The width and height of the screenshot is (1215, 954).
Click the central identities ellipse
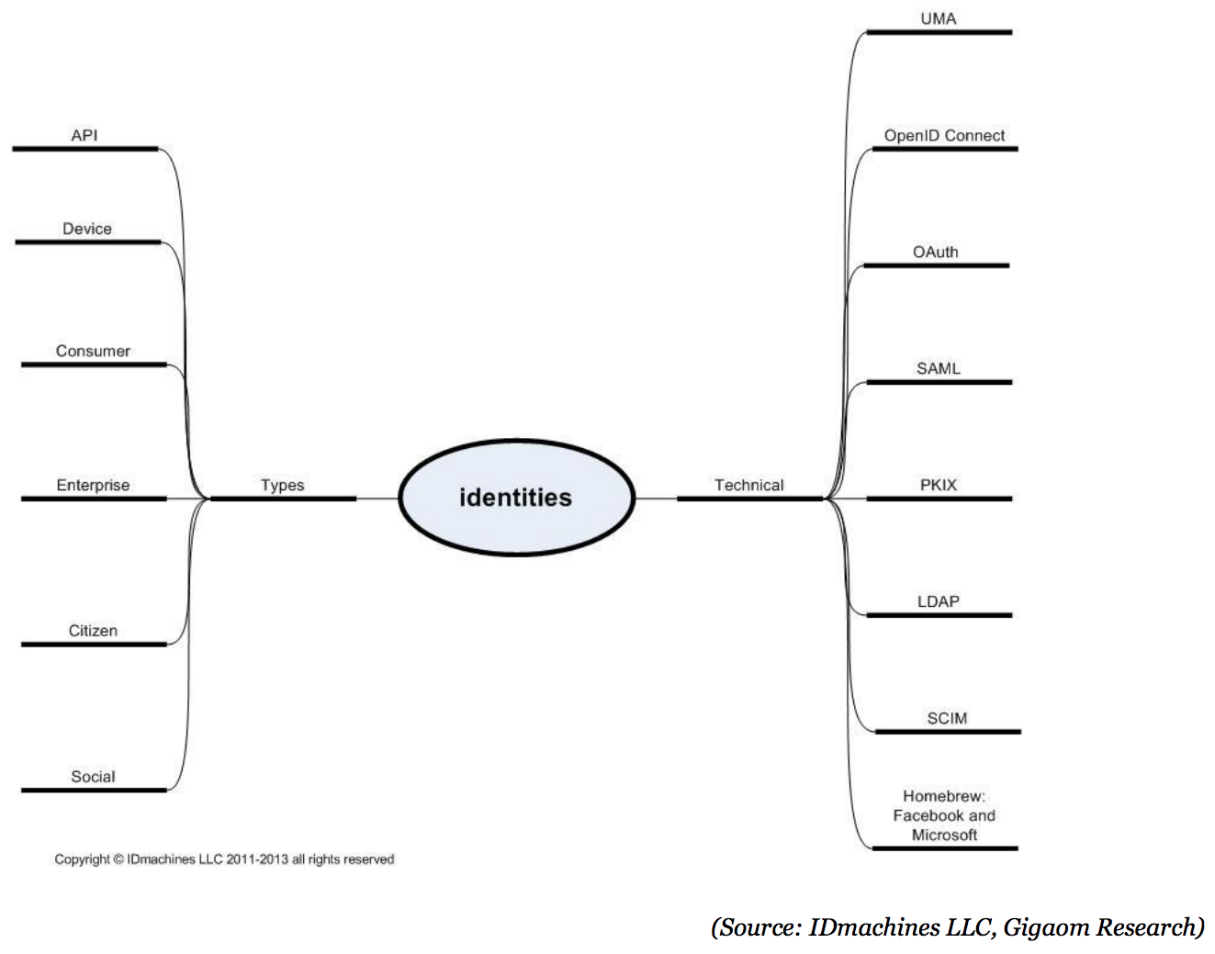tap(516, 498)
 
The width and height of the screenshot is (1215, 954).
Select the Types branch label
tap(282, 485)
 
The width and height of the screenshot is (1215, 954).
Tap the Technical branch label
tap(748, 485)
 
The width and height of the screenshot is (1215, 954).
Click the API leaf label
tap(84, 135)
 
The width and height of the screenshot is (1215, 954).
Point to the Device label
tap(87, 229)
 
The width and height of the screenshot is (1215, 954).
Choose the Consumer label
tap(93, 351)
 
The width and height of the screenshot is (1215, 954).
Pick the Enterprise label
tap(93, 485)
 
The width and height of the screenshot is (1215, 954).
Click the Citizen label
tap(93, 631)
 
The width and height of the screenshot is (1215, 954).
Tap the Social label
tap(93, 777)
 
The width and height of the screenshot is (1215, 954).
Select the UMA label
tap(939, 18)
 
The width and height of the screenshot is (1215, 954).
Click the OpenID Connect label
tap(944, 135)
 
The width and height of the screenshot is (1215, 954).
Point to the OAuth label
tap(935, 252)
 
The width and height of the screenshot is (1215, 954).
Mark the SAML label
tap(938, 368)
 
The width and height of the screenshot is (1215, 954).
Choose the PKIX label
tap(939, 485)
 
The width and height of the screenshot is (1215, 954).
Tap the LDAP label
tap(938, 601)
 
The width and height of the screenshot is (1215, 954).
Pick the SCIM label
tap(947, 718)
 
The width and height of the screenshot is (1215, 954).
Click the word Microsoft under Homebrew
tap(944, 835)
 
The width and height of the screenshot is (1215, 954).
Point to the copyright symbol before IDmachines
tap(118, 859)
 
